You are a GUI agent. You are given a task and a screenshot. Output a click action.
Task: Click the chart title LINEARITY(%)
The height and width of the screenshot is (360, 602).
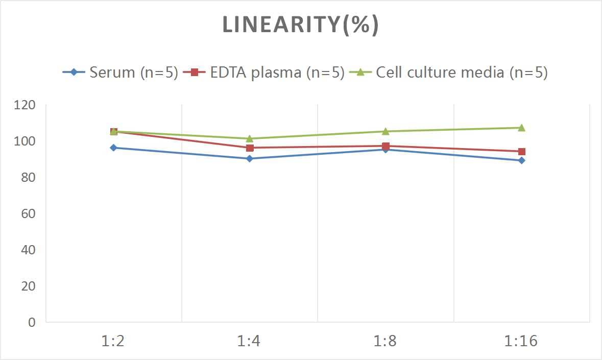point(300,25)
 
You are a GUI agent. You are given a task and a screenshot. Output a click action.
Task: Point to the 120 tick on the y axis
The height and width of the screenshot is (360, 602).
point(25,105)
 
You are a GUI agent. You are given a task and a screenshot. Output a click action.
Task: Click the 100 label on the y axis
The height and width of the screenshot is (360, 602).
point(25,141)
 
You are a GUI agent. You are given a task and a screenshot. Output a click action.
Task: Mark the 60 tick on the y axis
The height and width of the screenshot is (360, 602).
point(28,213)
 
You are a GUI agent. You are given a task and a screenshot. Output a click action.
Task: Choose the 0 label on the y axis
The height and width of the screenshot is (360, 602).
point(32,322)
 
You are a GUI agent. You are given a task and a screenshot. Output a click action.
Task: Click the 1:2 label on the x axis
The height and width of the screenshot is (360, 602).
point(113,341)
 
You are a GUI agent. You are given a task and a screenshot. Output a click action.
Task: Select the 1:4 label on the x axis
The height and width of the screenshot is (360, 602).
point(249,341)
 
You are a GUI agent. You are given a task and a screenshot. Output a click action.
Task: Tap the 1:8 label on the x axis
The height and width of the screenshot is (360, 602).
point(385,341)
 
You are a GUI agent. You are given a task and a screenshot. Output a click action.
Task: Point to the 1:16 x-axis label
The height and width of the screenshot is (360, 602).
point(521,341)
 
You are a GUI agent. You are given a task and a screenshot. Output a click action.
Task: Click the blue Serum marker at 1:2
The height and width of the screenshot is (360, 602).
point(113,148)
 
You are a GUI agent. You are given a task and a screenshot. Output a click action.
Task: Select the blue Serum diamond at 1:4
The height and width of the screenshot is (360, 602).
point(249,158)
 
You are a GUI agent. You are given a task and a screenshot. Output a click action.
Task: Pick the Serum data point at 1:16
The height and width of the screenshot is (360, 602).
point(521,160)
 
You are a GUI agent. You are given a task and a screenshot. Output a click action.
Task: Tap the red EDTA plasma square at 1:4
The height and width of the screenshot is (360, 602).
point(250,148)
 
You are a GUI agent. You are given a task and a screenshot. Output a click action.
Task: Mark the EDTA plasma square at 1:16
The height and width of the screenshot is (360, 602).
point(521,151)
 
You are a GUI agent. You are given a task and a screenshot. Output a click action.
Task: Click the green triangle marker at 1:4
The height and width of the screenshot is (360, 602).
point(249,138)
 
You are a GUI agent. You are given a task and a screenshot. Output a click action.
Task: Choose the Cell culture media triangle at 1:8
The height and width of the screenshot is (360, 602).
point(386,131)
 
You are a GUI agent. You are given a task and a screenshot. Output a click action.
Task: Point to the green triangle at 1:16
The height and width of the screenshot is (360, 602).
point(521,128)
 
